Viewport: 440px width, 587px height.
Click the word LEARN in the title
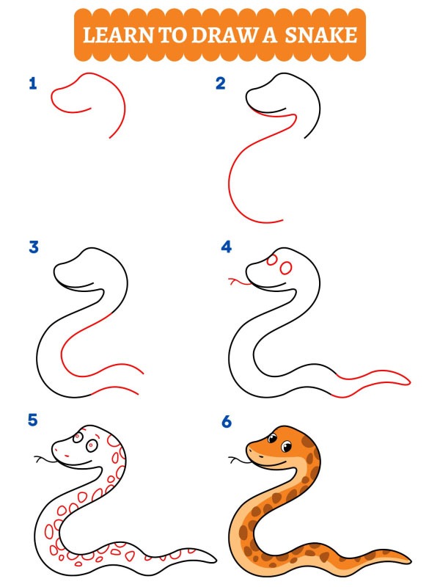(x=118, y=35)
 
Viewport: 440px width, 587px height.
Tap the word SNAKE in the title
(x=321, y=35)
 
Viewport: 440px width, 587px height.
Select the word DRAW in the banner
(x=224, y=35)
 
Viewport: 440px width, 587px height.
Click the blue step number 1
(x=33, y=83)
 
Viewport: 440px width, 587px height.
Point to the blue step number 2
(x=221, y=83)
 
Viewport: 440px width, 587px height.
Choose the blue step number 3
(x=34, y=247)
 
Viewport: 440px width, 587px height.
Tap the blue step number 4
(x=227, y=247)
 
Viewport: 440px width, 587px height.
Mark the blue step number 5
(x=33, y=420)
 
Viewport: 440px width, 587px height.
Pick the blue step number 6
(x=227, y=422)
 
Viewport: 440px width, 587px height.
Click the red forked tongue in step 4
(x=240, y=282)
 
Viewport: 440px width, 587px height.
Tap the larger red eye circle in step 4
(x=285, y=268)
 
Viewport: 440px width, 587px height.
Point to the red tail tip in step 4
(x=409, y=382)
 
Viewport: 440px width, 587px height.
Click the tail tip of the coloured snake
(x=410, y=561)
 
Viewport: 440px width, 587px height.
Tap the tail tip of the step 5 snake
(x=215, y=560)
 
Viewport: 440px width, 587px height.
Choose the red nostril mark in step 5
(x=67, y=456)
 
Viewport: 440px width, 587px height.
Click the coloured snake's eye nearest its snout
(x=272, y=438)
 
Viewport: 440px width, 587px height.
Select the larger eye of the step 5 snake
(x=91, y=446)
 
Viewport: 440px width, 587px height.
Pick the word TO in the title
(x=172, y=35)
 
